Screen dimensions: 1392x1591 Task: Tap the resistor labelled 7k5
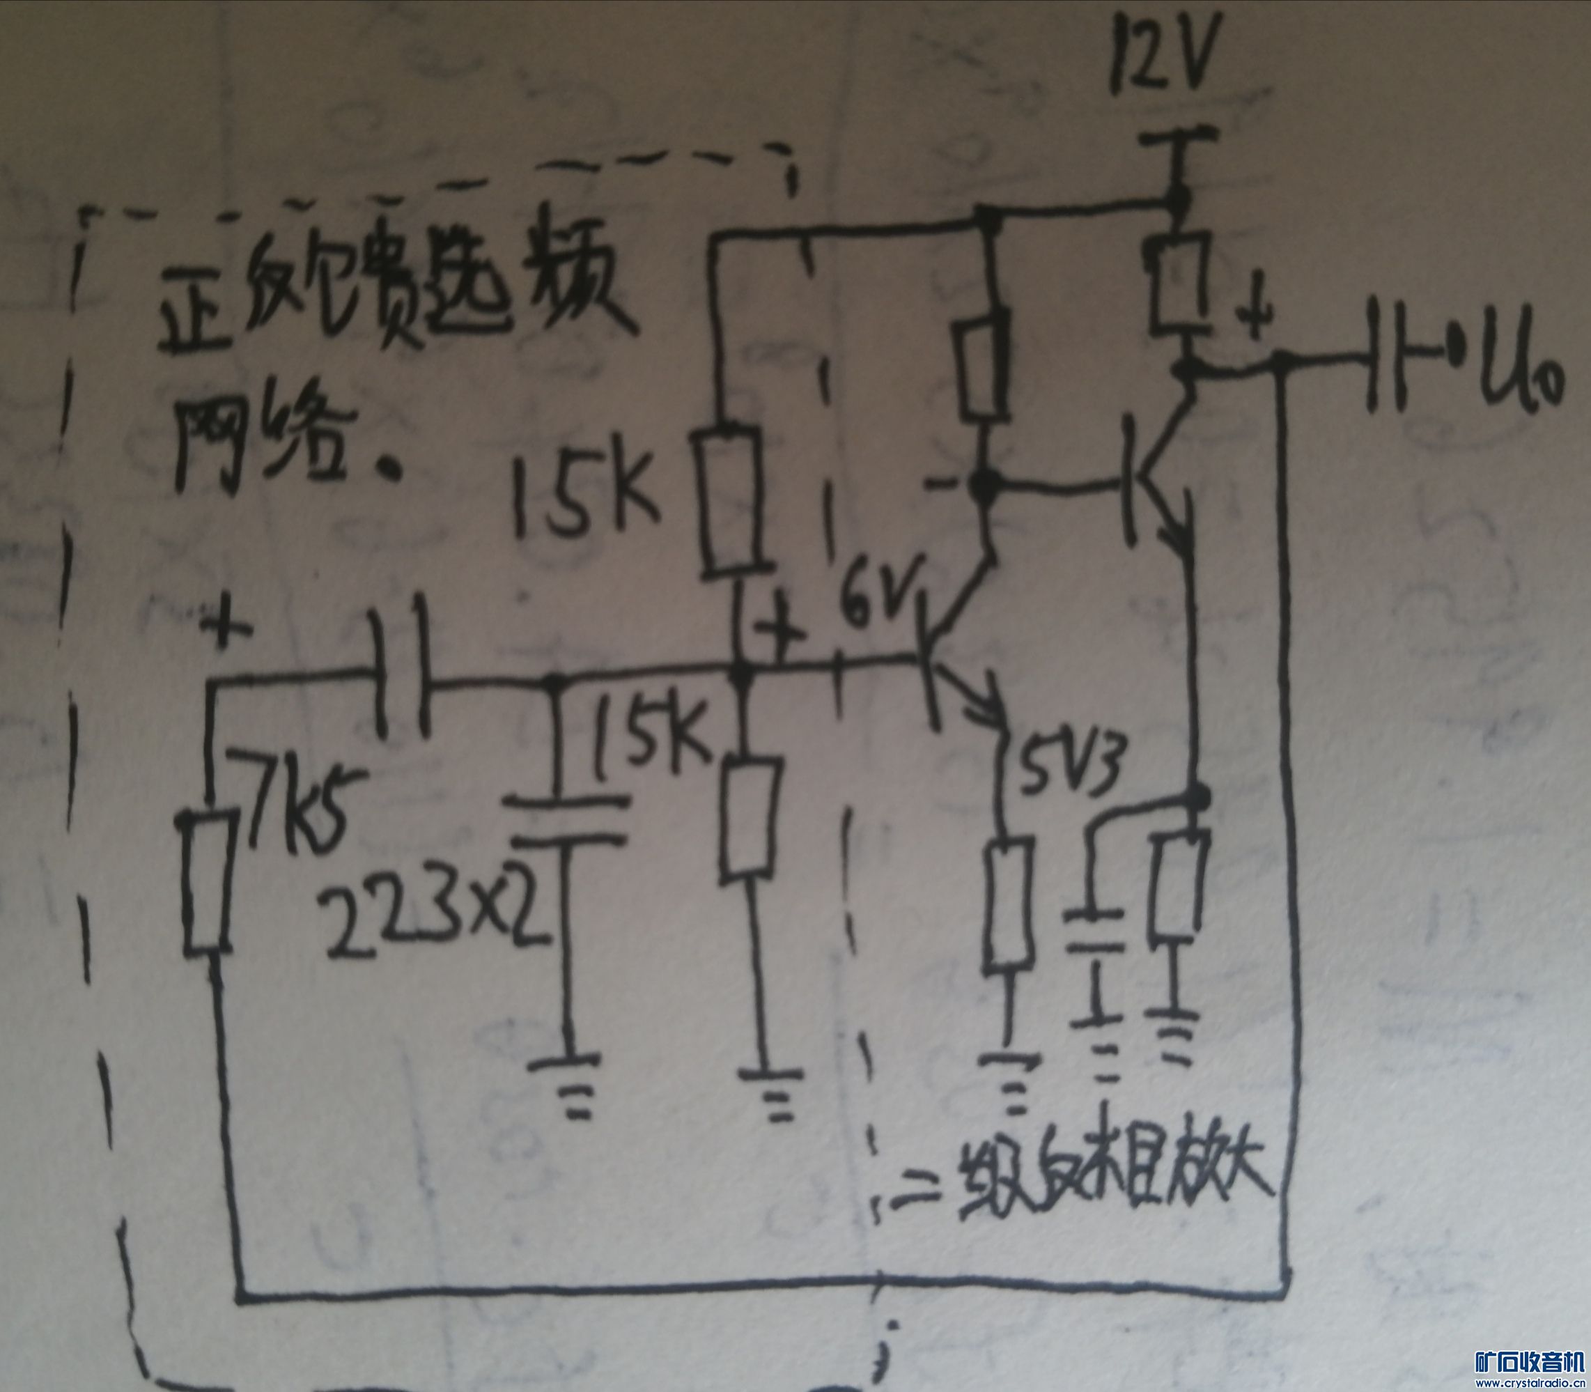(209, 881)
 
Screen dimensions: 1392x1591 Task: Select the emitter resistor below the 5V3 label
(1010, 905)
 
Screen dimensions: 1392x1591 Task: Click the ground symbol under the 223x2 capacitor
(573, 1083)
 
